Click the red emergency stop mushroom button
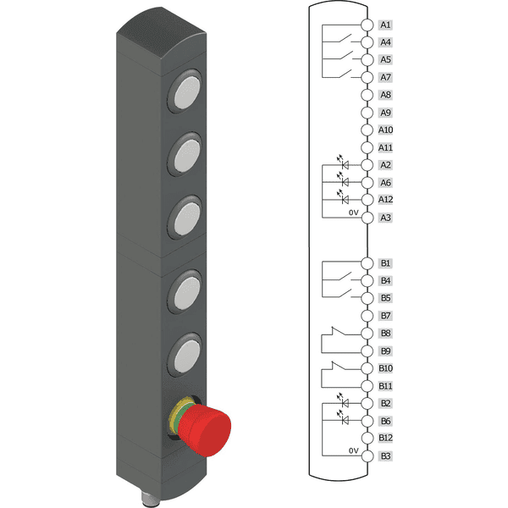click(x=205, y=430)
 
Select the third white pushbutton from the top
click(x=186, y=218)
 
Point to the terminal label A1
click(x=385, y=25)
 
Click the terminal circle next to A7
click(x=367, y=77)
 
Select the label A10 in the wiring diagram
click(x=385, y=130)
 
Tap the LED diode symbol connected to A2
click(x=345, y=165)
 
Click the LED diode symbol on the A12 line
click(x=345, y=200)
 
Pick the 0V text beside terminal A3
click(x=353, y=213)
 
